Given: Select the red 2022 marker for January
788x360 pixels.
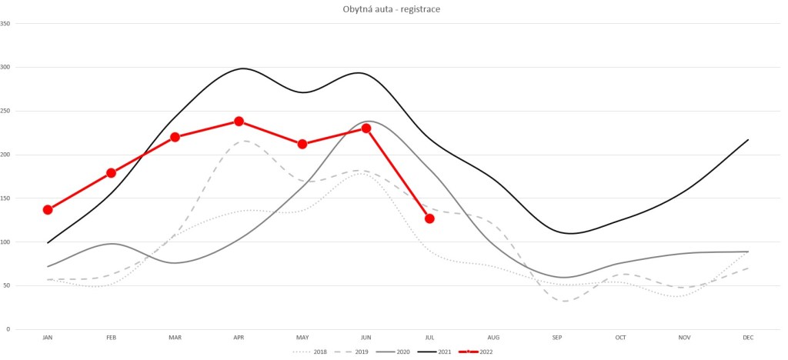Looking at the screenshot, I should [48, 209].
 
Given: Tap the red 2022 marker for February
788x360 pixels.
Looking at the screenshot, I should [112, 173].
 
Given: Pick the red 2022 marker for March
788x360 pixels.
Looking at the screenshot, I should [175, 137].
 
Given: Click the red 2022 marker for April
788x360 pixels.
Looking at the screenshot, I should [239, 122].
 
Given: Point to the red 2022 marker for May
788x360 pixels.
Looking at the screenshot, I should [302, 144].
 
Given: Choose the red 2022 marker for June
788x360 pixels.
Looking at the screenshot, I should [366, 128].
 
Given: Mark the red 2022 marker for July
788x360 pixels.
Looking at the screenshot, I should [429, 218].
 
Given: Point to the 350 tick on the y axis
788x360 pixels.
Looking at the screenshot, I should [5, 23].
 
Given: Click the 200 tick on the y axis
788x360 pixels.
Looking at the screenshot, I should [5, 155].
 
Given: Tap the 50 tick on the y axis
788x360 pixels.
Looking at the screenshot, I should [7, 285].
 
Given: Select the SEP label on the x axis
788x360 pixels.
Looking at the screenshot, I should [556, 338].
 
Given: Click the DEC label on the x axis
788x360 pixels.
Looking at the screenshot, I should [747, 338].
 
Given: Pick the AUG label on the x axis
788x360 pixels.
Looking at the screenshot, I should [493, 338].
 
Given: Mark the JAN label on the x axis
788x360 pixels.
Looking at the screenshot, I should [48, 338].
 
